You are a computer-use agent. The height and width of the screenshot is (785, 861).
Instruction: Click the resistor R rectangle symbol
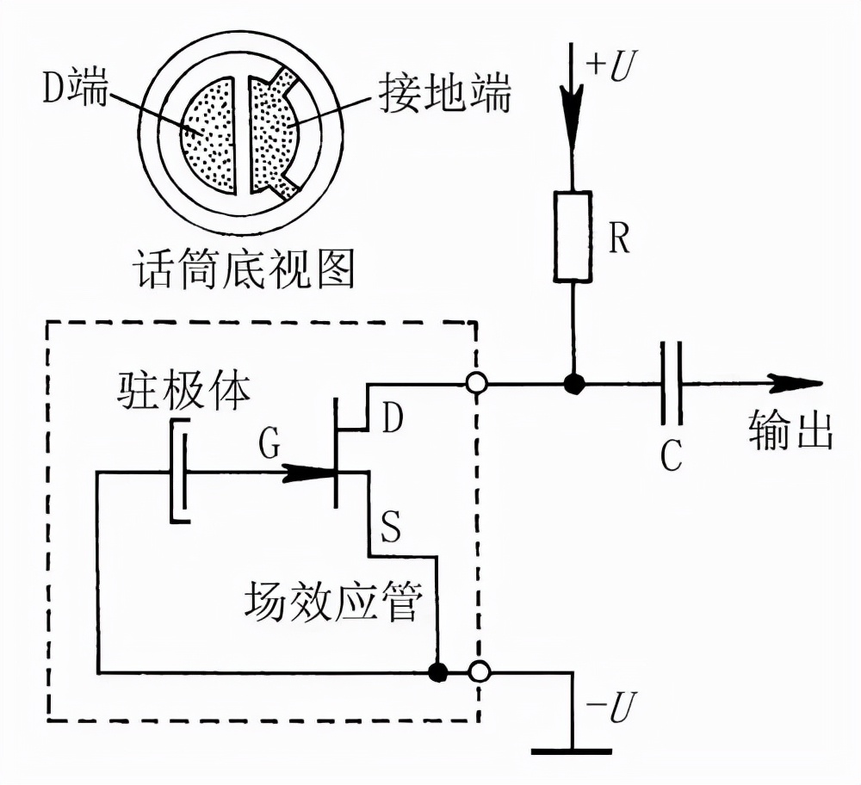pos(573,237)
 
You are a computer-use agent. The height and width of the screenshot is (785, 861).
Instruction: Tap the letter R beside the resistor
pos(618,240)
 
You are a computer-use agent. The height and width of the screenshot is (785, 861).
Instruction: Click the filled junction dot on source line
pos(439,671)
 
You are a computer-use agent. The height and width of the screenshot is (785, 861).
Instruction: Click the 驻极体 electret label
pos(183,392)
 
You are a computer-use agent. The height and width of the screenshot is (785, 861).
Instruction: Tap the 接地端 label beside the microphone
pos(444,97)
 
